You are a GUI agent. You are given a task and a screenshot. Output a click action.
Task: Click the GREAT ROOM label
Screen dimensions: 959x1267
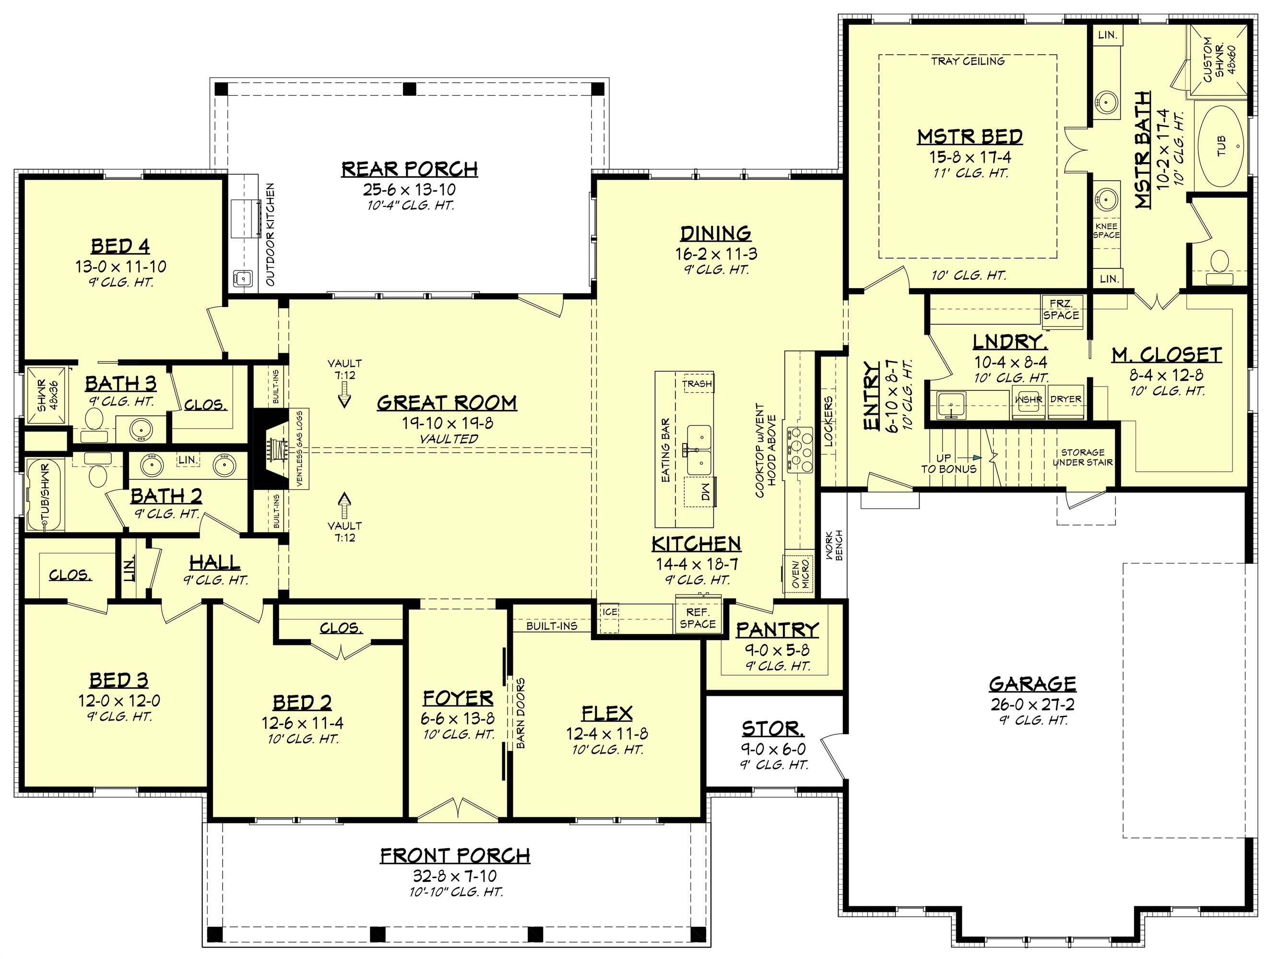click(x=447, y=403)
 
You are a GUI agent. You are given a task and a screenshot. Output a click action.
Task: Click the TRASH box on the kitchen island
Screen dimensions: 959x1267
click(x=697, y=384)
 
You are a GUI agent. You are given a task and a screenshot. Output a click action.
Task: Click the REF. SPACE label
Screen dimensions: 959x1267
click(x=698, y=619)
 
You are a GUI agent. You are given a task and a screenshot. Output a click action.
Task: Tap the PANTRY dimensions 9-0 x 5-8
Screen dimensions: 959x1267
click(x=777, y=650)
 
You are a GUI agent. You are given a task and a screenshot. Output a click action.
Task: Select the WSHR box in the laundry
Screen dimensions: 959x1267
click(x=1030, y=399)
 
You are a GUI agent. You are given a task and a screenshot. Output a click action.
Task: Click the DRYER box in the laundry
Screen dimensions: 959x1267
click(x=1066, y=399)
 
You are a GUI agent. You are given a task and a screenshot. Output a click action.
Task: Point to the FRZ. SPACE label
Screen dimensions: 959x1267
click(x=1061, y=309)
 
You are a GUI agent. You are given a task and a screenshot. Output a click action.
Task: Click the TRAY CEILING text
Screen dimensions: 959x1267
click(x=968, y=61)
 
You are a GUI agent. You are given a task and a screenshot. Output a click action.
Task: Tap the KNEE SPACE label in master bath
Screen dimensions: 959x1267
click(x=1106, y=230)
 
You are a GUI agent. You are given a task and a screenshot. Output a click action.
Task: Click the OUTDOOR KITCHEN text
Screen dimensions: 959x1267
click(x=271, y=235)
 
